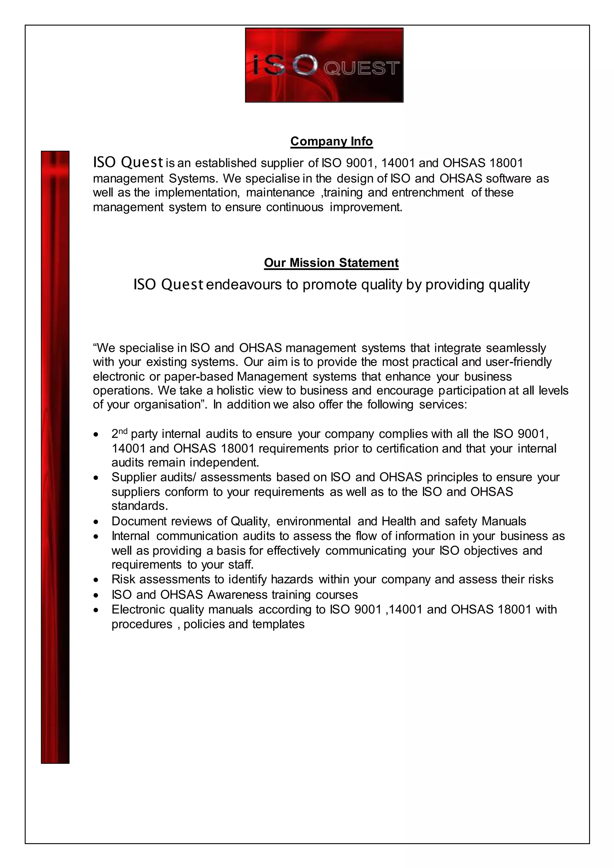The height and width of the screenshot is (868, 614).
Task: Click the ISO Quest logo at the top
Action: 324,65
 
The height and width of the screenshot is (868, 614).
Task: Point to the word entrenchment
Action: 427,192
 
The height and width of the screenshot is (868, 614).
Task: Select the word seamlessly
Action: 516,347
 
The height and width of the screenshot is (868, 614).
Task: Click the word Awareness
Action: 237,595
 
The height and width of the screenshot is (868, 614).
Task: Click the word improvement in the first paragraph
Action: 365,207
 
